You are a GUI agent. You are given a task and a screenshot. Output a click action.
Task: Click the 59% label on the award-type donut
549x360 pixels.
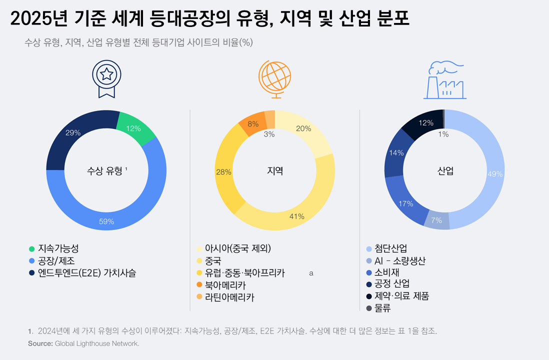[106, 221]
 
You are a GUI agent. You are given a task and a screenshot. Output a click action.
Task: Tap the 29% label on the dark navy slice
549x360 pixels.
[73, 132]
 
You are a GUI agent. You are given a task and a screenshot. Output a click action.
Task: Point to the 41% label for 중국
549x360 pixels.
[297, 216]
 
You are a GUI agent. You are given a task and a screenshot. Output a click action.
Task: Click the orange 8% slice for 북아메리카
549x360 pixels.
[253, 124]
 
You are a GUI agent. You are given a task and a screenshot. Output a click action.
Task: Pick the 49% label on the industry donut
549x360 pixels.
[495, 174]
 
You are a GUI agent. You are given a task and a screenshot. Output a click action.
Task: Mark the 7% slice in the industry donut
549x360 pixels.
[436, 220]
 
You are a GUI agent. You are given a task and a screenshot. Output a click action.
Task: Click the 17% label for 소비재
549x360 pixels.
[405, 203]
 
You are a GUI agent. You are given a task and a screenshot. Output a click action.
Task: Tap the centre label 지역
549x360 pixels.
[275, 171]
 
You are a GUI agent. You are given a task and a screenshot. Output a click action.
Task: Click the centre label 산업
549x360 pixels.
[445, 171]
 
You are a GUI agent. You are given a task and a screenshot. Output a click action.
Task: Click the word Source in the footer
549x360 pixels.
[40, 343]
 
